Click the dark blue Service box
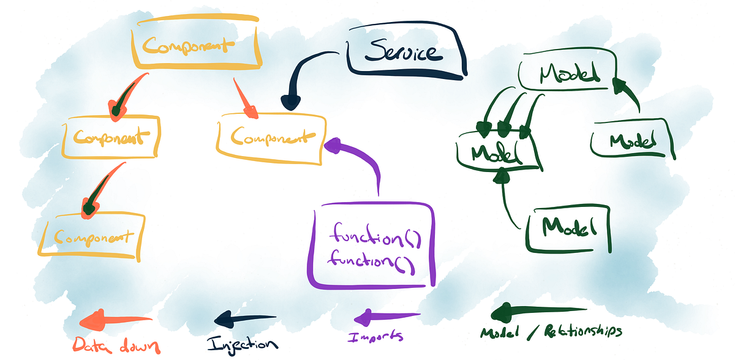pyautogui.click(x=404, y=54)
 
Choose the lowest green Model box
pyautogui.click(x=570, y=228)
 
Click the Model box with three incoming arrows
pyautogui.click(x=499, y=149)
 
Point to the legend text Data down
pyautogui.click(x=116, y=345)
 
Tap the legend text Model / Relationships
pyautogui.click(x=551, y=332)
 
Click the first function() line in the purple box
pyautogui.click(x=375, y=234)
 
